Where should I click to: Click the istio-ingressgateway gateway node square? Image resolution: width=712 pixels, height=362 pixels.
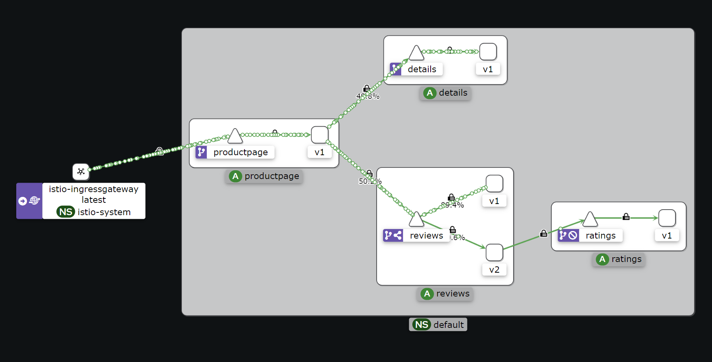pos(81,171)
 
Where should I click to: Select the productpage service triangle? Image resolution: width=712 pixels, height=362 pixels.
pos(235,137)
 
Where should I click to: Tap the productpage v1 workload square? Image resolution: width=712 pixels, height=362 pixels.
pos(319,135)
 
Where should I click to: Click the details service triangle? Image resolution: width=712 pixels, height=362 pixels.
pos(416,53)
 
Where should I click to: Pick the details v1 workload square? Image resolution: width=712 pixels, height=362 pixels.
pos(488,52)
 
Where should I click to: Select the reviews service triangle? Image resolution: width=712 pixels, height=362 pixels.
pos(416,220)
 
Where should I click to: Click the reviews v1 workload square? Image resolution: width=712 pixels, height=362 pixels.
pos(494,183)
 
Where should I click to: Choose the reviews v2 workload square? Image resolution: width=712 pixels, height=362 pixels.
pos(494,252)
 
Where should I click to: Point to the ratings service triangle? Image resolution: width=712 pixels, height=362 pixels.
pos(590,220)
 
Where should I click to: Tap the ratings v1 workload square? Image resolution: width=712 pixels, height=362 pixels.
pos(667,218)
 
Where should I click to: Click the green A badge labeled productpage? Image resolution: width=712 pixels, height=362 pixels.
pos(235,176)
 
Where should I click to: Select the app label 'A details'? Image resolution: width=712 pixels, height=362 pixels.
pos(445,93)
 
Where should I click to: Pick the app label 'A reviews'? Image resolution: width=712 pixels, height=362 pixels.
pos(445,294)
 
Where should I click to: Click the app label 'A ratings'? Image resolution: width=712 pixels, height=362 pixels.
pos(619,259)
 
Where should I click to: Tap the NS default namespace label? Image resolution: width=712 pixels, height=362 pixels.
pos(438,325)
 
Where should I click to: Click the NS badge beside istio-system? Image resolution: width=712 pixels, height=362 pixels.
pos(65,212)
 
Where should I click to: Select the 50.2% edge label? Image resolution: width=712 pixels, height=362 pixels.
pos(370,181)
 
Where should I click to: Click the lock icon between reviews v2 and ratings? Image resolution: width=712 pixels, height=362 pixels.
pos(544,233)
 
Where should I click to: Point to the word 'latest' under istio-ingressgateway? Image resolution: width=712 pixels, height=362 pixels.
pos(94,200)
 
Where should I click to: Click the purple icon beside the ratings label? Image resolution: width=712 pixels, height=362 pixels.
pos(568,236)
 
